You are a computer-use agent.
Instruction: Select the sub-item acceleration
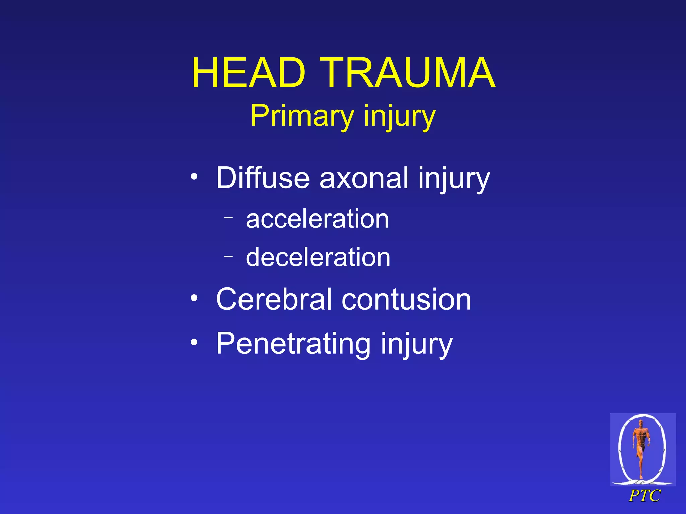[317, 219]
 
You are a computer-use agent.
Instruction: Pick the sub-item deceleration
[318, 257]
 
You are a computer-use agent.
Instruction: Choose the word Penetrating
[293, 344]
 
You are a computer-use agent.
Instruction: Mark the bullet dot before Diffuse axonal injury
[194, 176]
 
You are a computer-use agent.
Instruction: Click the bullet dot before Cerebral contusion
[194, 297]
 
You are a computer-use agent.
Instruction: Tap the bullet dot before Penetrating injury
[194, 342]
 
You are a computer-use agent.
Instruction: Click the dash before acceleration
[228, 218]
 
